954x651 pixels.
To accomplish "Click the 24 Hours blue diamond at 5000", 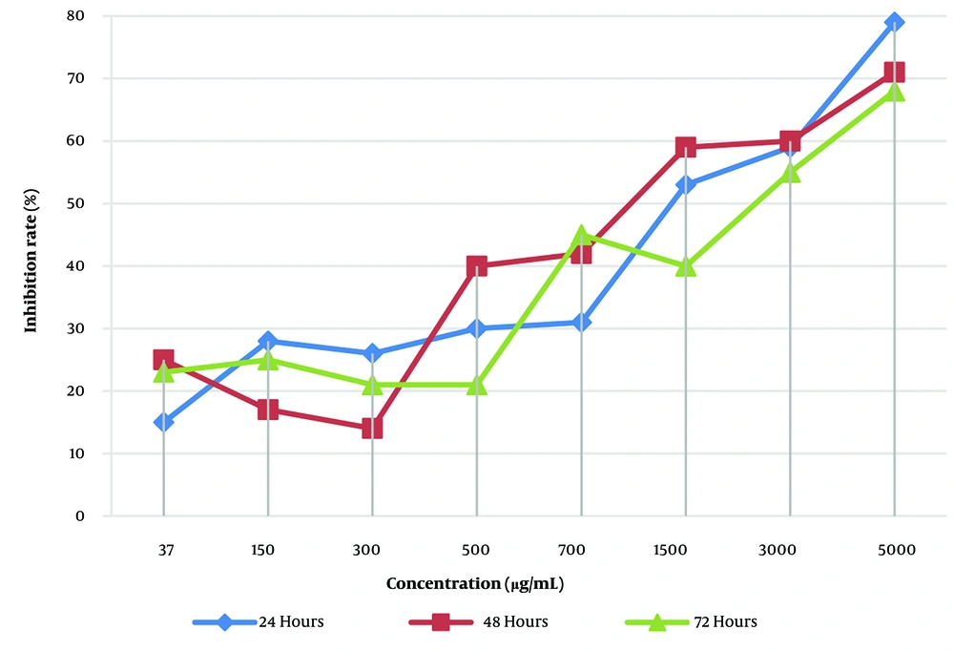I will pos(894,22).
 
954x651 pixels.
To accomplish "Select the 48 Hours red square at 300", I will pos(372,429).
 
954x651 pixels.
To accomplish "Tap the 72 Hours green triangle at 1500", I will pos(685,266).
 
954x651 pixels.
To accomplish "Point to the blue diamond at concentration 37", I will pos(163,422).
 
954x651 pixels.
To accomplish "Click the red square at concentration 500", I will pos(476,265).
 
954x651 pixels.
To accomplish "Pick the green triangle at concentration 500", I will pos(476,385).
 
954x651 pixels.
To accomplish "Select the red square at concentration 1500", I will pos(685,147).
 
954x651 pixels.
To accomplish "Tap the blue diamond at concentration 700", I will pos(581,323).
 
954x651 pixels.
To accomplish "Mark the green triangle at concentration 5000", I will pos(894,92).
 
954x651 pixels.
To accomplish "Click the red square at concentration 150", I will pos(267,409).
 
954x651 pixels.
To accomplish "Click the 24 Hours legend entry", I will pos(259,622).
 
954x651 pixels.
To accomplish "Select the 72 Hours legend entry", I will pos(692,622).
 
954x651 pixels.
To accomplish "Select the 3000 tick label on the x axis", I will pos(789,551).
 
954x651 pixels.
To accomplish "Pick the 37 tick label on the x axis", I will pos(163,551).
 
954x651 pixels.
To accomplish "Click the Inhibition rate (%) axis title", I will pos(31,266).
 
